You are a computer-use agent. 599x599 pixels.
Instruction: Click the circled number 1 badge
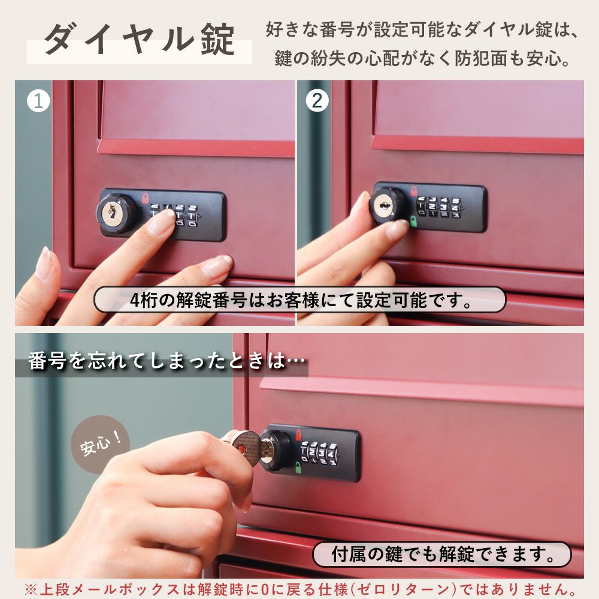(38, 101)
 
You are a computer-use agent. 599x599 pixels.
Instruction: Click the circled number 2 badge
(317, 101)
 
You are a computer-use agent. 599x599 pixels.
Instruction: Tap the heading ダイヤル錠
(139, 40)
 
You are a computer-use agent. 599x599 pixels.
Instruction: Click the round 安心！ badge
(101, 444)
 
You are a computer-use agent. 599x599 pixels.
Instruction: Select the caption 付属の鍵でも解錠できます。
(442, 554)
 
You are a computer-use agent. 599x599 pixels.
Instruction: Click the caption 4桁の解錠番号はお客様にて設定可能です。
(300, 300)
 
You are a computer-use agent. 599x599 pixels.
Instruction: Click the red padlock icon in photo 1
(145, 198)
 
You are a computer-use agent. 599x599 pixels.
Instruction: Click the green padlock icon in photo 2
(413, 220)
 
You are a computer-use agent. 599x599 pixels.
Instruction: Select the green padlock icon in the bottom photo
(298, 467)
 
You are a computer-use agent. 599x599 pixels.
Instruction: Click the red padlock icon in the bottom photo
(298, 434)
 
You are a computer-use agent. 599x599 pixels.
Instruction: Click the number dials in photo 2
(439, 207)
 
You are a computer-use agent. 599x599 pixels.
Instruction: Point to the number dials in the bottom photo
(319, 454)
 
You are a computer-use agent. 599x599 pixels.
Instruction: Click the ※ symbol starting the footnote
(31, 589)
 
